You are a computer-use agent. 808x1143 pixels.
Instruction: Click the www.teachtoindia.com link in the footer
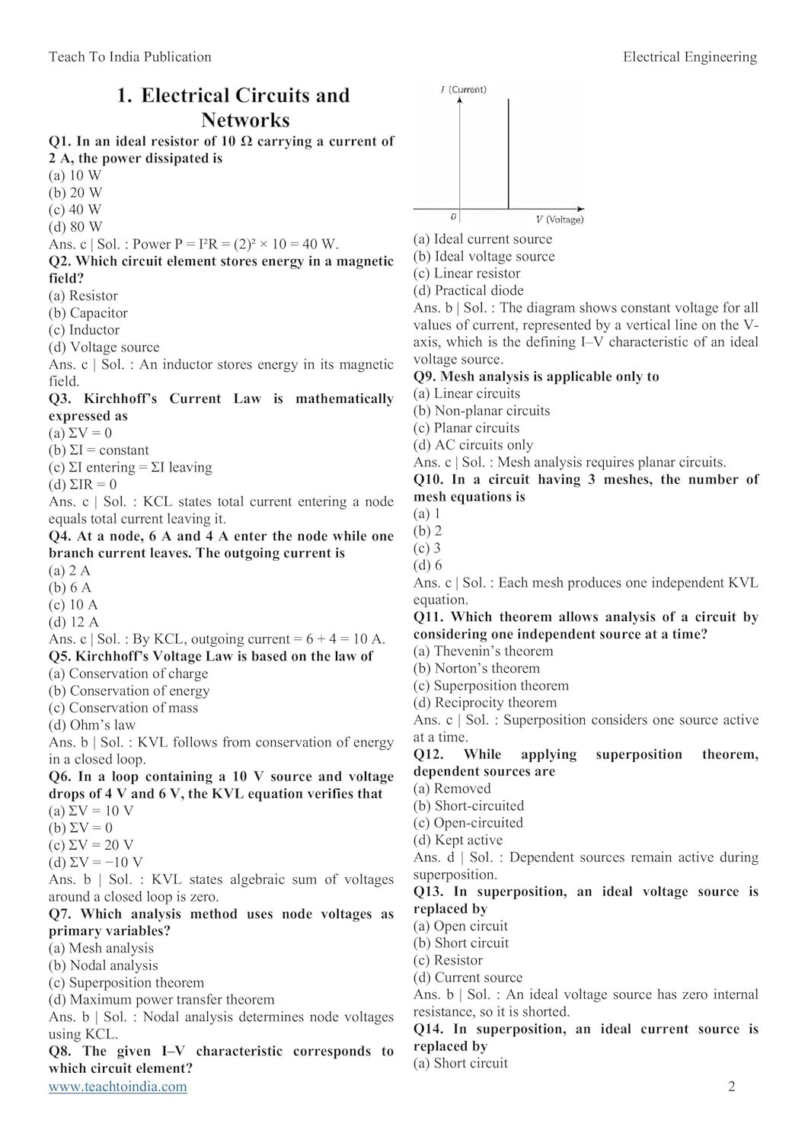(117, 1087)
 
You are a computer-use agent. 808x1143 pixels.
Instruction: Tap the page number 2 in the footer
(732, 1087)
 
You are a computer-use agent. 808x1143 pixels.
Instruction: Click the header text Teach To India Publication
(130, 56)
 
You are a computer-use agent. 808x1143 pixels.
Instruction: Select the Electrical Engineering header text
(689, 56)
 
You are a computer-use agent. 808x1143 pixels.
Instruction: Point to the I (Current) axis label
(464, 89)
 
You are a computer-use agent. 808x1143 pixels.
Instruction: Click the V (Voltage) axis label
(560, 219)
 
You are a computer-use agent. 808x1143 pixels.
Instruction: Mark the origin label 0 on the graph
(453, 217)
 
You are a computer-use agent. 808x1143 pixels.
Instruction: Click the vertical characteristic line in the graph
(508, 152)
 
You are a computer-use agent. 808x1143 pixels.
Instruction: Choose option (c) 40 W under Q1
(75, 210)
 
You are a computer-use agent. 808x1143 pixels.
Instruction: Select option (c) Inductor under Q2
(84, 330)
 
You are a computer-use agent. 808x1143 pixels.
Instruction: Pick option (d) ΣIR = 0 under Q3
(82, 485)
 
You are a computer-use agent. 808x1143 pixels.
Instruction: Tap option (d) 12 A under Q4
(74, 622)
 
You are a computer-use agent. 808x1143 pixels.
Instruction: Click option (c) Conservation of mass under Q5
(123, 708)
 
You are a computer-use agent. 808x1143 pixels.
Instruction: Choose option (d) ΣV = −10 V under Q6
(95, 863)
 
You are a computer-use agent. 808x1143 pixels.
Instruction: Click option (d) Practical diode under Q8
(468, 290)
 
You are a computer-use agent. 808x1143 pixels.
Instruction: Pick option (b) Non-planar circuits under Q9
(481, 411)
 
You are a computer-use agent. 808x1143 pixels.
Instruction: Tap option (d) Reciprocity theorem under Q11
(485, 703)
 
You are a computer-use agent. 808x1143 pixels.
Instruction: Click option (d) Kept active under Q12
(458, 840)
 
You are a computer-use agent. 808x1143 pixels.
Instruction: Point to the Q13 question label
(429, 892)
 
